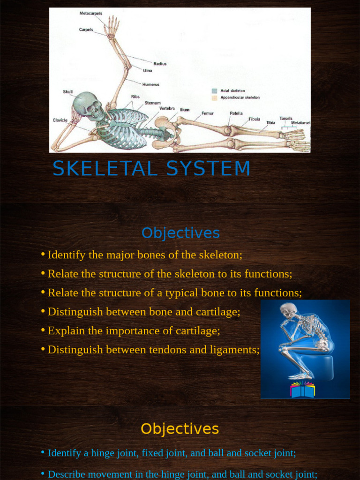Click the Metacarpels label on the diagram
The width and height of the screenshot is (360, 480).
pos(91,14)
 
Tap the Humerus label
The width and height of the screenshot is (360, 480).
pos(151,84)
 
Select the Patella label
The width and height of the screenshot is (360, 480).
pos(236,113)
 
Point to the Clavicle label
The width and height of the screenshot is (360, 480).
pos(60,120)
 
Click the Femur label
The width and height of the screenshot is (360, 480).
pos(208,113)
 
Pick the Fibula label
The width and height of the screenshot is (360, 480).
pos(254,119)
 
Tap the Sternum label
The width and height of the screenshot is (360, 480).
pos(152,103)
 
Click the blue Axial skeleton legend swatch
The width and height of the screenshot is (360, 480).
pos(214,91)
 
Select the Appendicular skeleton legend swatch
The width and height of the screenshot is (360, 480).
pos(214,98)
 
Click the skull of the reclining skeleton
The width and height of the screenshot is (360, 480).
pos(86,104)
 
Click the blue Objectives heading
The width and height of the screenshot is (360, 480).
pos(180,233)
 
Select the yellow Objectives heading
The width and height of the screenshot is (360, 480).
pos(180,429)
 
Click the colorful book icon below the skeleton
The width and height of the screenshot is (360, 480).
pos(302,390)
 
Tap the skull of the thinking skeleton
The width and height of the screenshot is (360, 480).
pos(288,310)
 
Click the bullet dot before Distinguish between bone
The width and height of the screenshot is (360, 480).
pos(43,311)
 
